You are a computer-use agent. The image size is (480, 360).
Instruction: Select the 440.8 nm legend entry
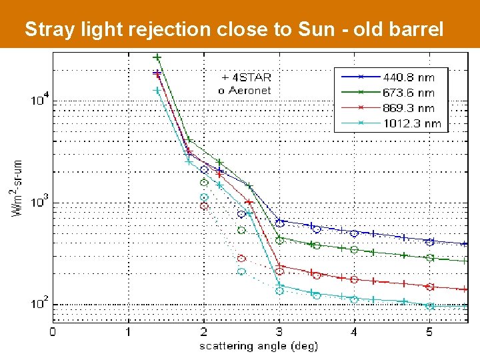[x=408, y=77]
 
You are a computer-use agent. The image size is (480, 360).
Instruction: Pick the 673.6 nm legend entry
[x=408, y=93]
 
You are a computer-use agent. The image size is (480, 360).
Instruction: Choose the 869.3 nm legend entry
[x=408, y=108]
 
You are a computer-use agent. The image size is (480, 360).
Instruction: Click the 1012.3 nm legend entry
[x=411, y=123]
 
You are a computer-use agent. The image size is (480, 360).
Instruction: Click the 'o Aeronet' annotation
[x=245, y=90]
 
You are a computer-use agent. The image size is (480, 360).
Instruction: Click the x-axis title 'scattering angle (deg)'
[x=259, y=346]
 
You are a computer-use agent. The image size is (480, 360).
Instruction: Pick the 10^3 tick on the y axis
[x=39, y=202]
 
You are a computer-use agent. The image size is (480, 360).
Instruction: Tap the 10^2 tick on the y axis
[x=39, y=304]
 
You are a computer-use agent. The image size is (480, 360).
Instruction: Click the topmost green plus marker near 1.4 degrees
[x=157, y=57]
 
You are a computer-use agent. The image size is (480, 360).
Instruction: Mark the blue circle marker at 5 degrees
[x=430, y=241]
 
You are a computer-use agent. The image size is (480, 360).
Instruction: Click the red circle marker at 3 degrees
[x=280, y=271]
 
